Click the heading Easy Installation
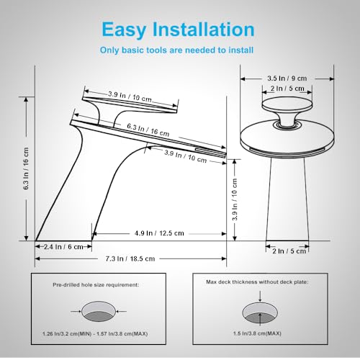click(x=178, y=30)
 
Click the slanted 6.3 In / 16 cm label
click(x=148, y=130)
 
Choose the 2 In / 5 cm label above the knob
click(x=287, y=88)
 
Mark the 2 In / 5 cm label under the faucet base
click(x=287, y=251)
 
